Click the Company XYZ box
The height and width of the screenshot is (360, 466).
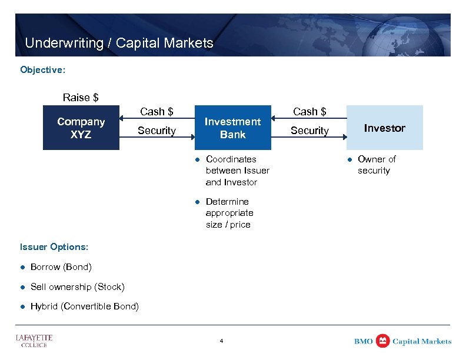(81, 128)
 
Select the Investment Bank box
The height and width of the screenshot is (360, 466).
(232, 128)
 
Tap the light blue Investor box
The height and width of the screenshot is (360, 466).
(384, 128)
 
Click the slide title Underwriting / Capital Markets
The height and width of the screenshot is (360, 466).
(119, 43)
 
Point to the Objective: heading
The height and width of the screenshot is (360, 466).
(42, 70)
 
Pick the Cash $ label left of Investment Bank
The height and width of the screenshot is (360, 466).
(157, 112)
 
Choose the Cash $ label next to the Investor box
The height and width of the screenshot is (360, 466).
(309, 112)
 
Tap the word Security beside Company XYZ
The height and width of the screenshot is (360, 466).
(157, 131)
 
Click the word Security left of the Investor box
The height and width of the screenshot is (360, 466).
(309, 131)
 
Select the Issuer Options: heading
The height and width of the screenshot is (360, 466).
(54, 247)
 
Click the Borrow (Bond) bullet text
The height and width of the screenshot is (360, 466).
(61, 267)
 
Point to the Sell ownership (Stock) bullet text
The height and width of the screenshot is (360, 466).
(77, 287)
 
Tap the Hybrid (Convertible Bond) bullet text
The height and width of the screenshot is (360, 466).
(85, 306)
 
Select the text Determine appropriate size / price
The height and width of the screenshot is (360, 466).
(229, 213)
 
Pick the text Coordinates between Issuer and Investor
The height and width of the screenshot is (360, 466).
(237, 171)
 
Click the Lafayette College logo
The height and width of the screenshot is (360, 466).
(34, 341)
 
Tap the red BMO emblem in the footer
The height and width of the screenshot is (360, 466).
(382, 341)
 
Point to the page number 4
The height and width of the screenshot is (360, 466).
(221, 341)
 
